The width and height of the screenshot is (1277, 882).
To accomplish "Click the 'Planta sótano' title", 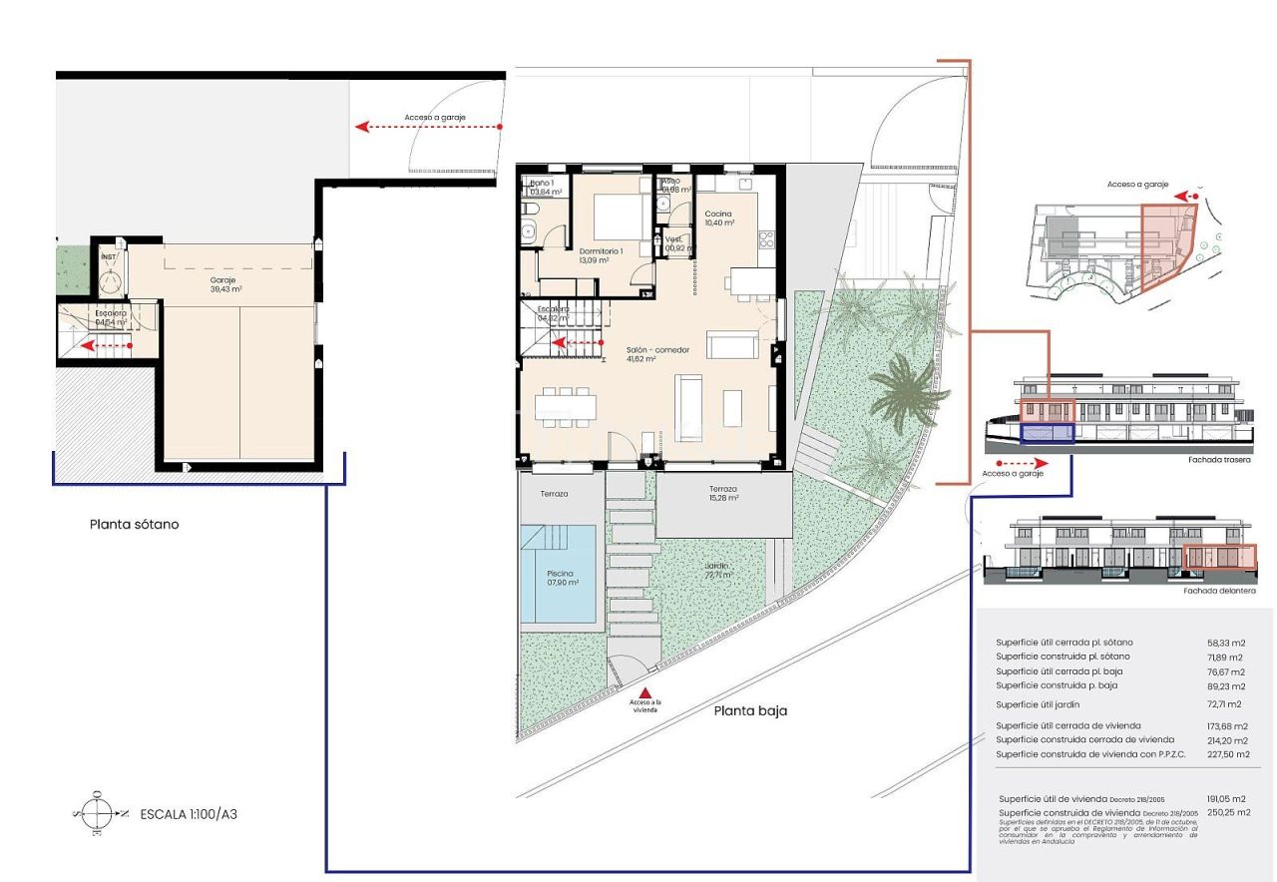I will click(134, 524).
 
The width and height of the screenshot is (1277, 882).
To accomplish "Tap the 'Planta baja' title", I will click(750, 711).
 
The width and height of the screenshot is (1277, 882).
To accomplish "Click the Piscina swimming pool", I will click(561, 579).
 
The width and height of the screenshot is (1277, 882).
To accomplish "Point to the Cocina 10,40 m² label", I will click(718, 219).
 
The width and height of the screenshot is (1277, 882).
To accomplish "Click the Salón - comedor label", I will click(654, 354).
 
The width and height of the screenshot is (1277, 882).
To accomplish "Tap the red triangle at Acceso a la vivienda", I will click(645, 692).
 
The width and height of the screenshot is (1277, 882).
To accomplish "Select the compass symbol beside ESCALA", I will click(97, 813).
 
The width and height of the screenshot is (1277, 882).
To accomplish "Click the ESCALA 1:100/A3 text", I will click(189, 814).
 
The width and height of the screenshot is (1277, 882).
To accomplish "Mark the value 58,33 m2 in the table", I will click(1225, 643).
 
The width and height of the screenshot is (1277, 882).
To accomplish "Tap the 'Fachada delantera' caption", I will click(1219, 591).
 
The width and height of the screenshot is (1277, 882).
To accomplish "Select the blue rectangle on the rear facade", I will click(1047, 433).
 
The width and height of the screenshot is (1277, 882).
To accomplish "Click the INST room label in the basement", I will click(109, 257).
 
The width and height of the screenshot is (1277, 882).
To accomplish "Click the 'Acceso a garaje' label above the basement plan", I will click(435, 118).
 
